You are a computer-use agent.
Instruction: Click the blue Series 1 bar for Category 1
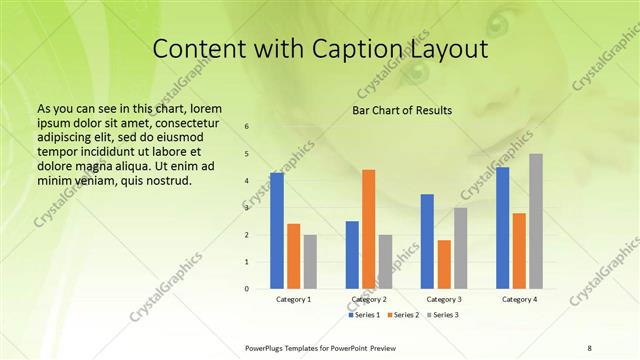(277, 231)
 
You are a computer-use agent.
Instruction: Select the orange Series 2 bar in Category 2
(368, 229)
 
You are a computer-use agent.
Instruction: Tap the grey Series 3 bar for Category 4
(536, 221)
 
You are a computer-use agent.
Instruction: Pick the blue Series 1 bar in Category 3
(427, 241)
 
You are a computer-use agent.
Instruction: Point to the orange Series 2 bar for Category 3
(444, 264)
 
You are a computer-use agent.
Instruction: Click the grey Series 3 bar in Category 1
(310, 262)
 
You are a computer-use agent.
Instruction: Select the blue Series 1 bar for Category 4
(502, 228)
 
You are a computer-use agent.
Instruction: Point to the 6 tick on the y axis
(246, 127)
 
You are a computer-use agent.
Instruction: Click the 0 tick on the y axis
(246, 289)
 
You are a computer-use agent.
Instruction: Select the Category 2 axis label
(368, 299)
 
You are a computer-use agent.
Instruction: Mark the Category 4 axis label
(519, 299)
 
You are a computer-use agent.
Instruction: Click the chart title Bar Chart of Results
(402, 110)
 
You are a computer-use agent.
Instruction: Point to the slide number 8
(590, 347)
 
